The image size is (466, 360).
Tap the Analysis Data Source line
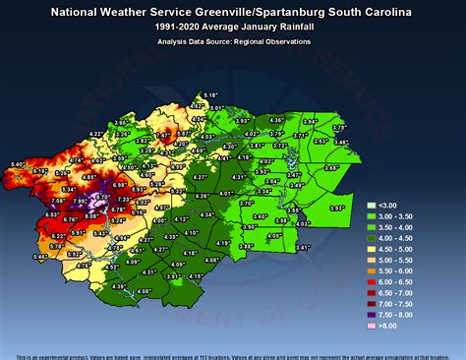[234, 41]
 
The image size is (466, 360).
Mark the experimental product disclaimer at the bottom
[233, 355]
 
